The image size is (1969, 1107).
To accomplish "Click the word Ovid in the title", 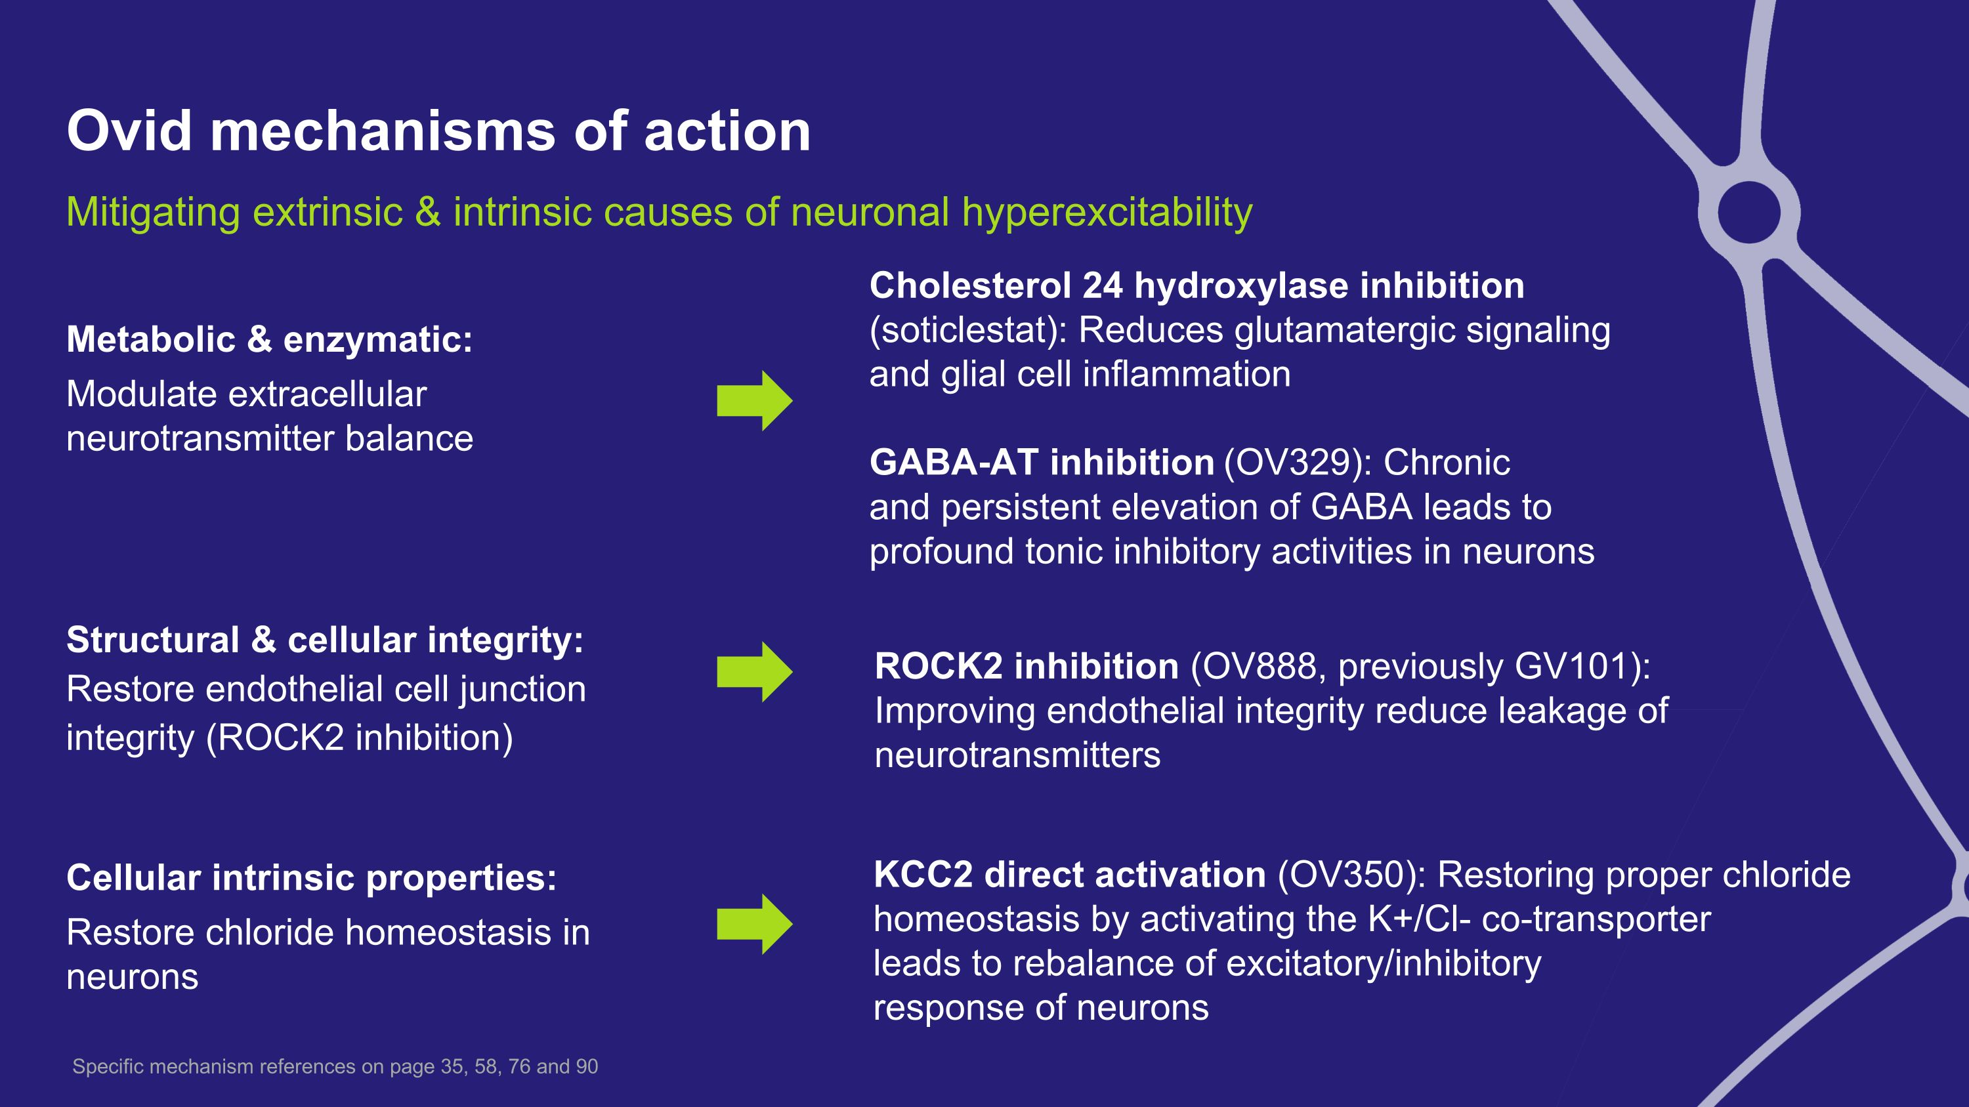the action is pos(129,131).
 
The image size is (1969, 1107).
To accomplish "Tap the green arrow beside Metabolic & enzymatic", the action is pos(754,400).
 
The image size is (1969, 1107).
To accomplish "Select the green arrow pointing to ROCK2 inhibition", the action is pos(754,671).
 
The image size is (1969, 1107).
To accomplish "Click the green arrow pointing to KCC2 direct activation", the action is pos(754,924).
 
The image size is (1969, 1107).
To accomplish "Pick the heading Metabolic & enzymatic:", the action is pos(269,339).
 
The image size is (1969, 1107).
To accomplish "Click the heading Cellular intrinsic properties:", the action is pos(311,877).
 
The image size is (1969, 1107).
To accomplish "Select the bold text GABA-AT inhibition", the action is pos(1042,462).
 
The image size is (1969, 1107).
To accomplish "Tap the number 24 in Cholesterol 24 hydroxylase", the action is pos(1102,285).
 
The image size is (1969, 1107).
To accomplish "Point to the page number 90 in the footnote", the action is pos(587,1066).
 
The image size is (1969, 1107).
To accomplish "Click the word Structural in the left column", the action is pos(153,640).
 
